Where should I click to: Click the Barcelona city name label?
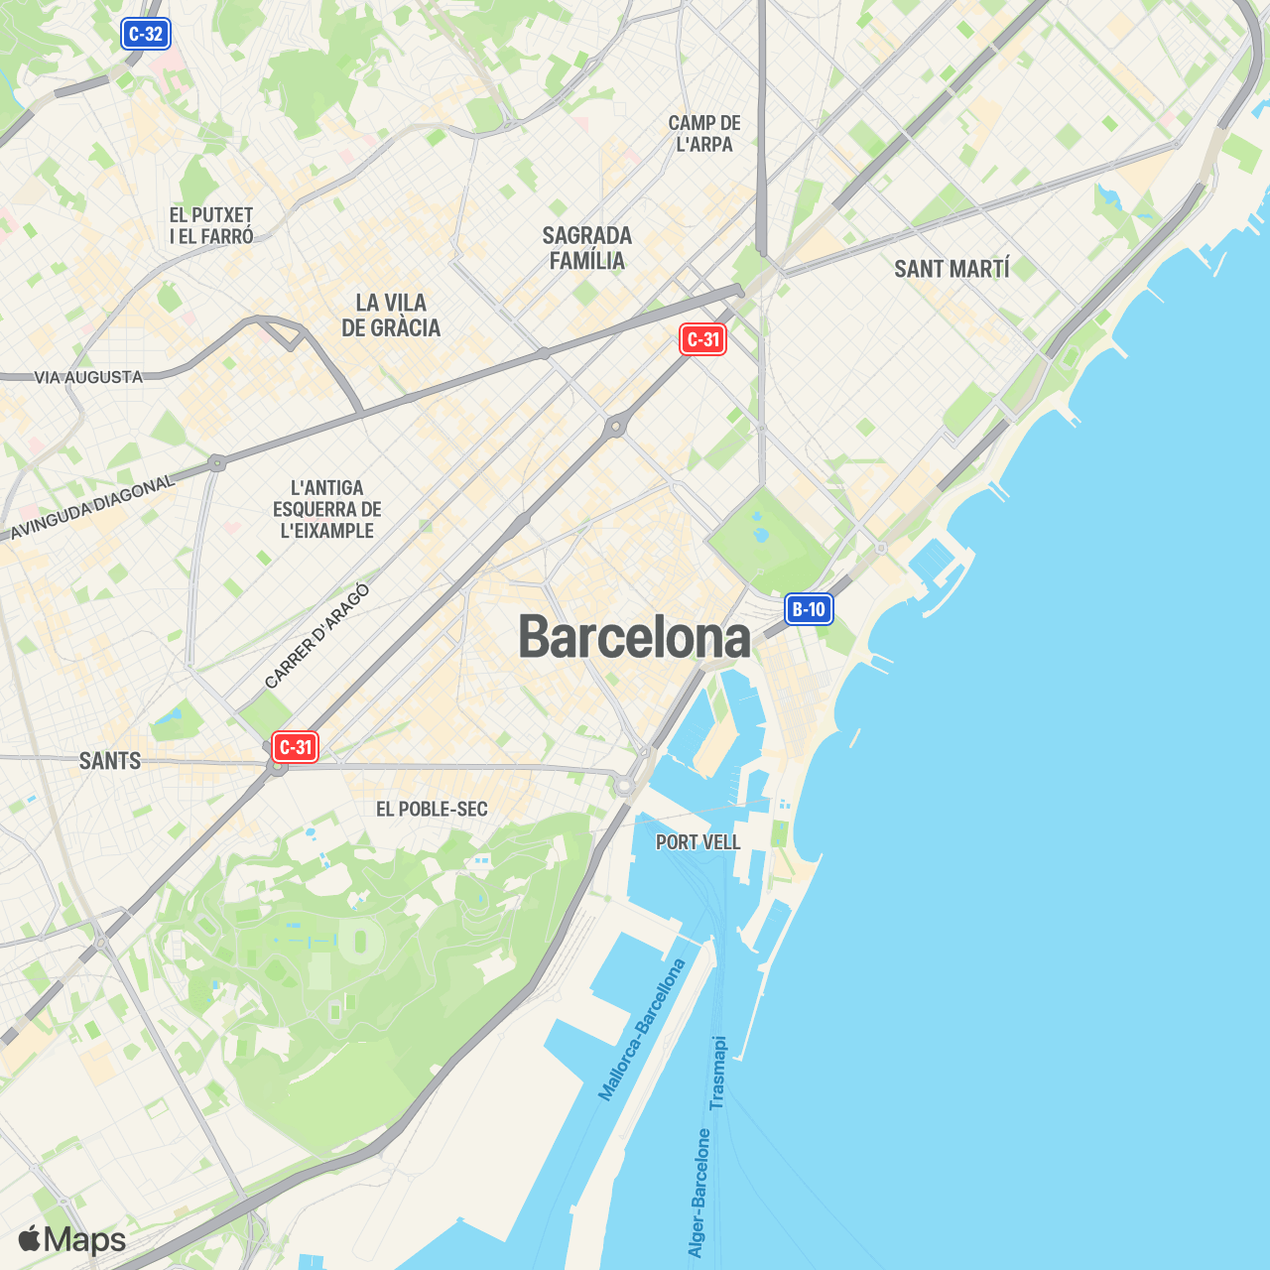[x=635, y=637]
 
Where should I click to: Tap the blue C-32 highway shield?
[x=146, y=34]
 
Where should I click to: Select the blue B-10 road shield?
[x=809, y=609]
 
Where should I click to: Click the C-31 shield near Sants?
[x=296, y=747]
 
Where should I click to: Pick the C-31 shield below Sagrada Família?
[x=703, y=339]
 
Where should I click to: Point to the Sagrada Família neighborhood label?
[x=587, y=248]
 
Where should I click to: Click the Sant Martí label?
[x=952, y=269]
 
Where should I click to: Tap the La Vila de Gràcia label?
[x=391, y=316]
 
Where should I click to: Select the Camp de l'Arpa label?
[x=704, y=133]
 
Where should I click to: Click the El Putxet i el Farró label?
[x=211, y=225]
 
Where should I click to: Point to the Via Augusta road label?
[x=88, y=377]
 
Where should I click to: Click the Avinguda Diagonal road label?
[x=92, y=507]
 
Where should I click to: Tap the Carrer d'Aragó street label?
[x=317, y=637]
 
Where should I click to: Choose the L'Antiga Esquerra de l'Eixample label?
[x=327, y=509]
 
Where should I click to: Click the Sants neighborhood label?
[x=110, y=761]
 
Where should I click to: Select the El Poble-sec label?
[x=432, y=810]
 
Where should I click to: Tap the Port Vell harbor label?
[x=698, y=842]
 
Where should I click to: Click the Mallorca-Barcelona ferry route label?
[x=642, y=1029]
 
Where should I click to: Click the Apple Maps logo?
[x=72, y=1239]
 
